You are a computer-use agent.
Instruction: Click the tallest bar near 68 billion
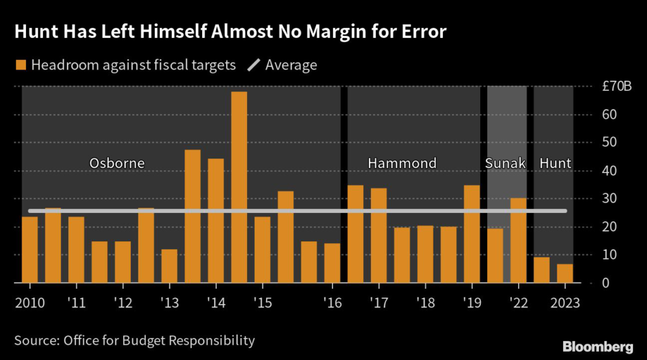pos(239,187)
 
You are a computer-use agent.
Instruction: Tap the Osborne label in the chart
pos(117,163)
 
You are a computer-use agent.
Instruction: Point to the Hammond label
pos(402,163)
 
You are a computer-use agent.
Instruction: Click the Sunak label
pos(505,163)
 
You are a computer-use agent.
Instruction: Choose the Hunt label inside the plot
pos(555,163)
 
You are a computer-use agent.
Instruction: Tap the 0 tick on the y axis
pos(605,282)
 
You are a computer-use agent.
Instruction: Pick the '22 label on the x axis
pos(518,303)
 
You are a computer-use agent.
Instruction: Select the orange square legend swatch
pos(21,65)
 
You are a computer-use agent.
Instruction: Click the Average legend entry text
pos(291,65)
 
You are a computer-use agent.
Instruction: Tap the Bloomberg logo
pos(598,346)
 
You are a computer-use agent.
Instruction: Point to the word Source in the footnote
pos(35,341)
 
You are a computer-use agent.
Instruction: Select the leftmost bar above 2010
pos(30,249)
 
